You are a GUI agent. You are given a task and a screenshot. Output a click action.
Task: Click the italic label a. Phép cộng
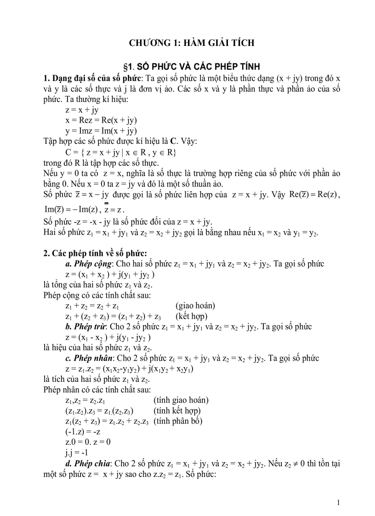(88, 264)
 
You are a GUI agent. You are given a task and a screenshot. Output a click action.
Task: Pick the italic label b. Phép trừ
(86, 327)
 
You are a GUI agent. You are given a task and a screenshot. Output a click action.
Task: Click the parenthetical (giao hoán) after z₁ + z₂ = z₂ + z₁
(195, 306)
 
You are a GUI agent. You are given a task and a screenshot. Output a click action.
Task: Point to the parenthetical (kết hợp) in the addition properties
(192, 316)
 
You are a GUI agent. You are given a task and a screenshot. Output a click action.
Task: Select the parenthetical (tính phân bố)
(178, 421)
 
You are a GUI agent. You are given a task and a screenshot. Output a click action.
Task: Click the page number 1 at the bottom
(338, 502)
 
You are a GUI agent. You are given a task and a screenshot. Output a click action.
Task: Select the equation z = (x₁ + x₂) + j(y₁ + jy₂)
(110, 274)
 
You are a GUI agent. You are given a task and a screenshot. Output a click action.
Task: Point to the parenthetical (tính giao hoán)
(181, 400)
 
